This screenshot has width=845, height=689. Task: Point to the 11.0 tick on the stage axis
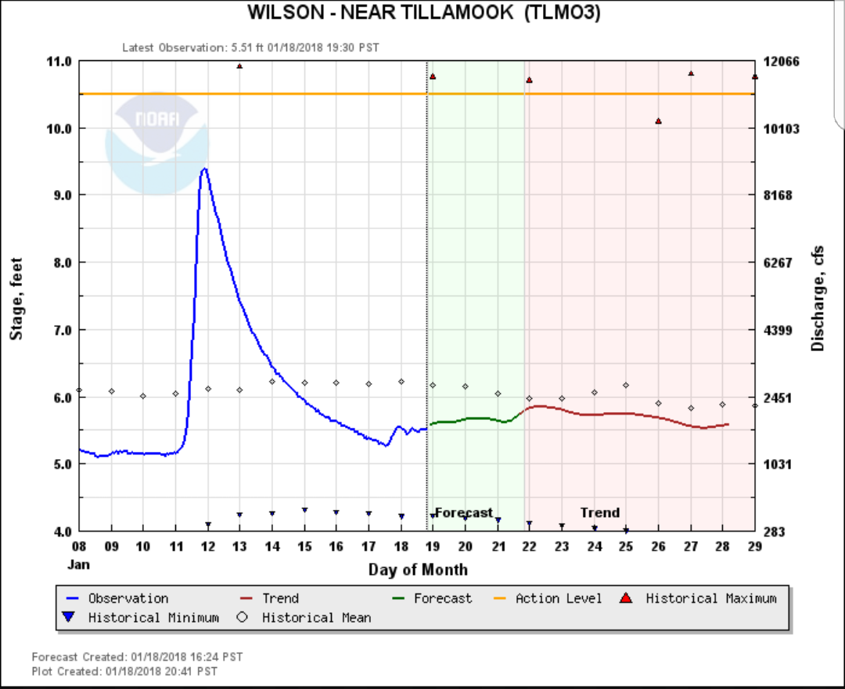60,62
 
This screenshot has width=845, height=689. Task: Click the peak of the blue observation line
204,168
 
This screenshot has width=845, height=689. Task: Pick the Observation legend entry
128,598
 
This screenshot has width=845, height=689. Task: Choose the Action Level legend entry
558,598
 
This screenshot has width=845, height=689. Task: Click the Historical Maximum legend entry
710,598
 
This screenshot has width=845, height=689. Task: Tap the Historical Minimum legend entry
153,618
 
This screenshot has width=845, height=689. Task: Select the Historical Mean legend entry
316,618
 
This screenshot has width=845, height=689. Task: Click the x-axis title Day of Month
418,569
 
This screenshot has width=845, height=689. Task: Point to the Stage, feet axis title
16,300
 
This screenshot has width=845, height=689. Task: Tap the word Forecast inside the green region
464,513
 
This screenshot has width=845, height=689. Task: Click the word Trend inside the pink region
600,513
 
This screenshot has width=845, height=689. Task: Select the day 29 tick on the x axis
755,546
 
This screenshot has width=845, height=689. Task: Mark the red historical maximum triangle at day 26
659,121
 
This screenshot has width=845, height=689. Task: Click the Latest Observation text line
250,48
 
